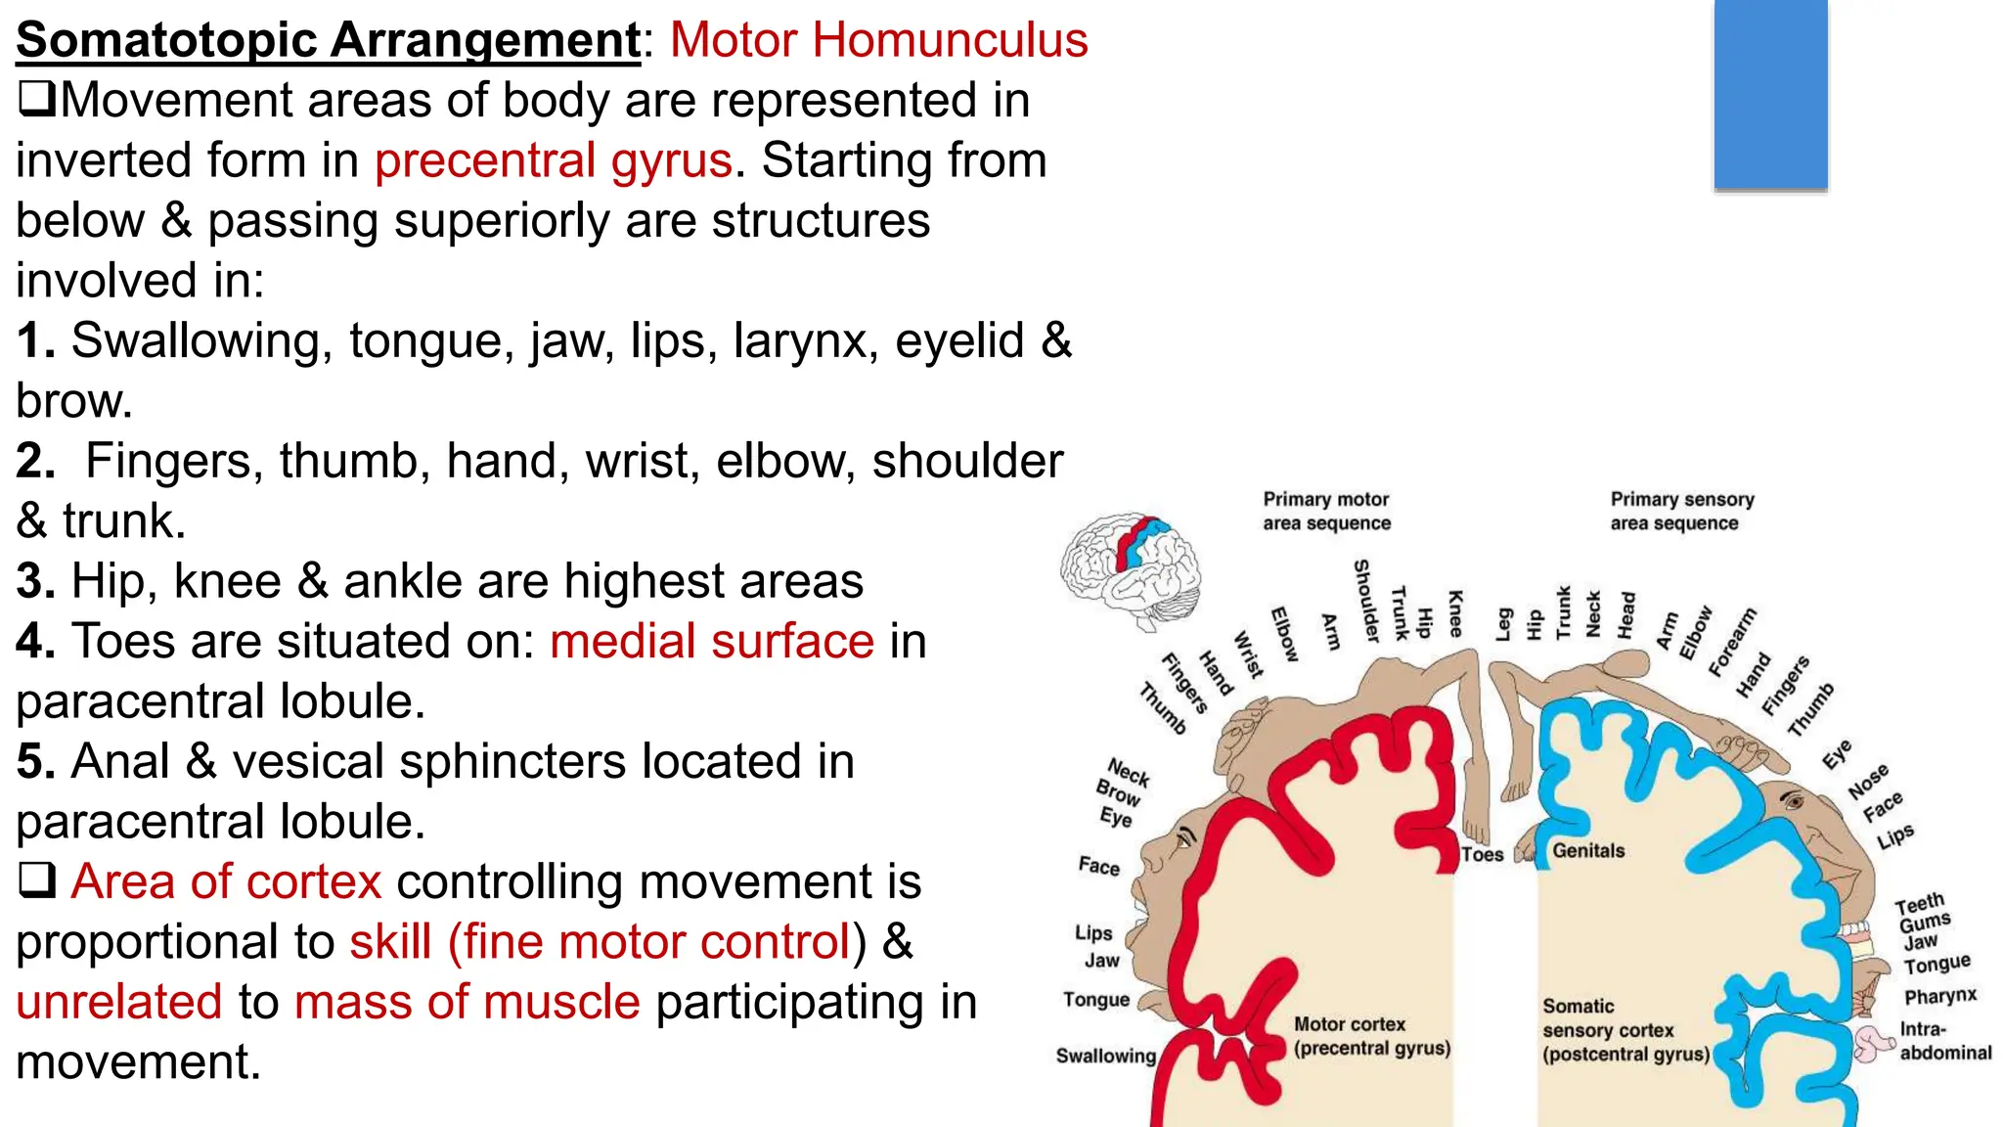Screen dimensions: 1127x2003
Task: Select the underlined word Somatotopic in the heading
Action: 166,40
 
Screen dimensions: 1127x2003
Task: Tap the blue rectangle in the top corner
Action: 1770,94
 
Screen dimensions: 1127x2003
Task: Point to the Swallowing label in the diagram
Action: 1105,1056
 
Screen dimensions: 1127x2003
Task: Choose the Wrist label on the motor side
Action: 1249,654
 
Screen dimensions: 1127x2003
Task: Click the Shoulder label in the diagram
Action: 1366,601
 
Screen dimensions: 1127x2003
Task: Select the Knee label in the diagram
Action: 1455,613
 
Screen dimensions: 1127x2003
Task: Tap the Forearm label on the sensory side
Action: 1732,642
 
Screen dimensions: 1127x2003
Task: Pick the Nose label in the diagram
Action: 1868,781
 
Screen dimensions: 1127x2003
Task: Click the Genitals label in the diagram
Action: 1588,851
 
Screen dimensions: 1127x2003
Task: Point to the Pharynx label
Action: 1939,997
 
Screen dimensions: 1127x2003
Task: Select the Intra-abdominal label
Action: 1944,1041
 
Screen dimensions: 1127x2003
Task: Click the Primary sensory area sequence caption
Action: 1681,511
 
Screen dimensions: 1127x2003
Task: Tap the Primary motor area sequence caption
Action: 1326,511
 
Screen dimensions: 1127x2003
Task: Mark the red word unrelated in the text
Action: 119,1002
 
